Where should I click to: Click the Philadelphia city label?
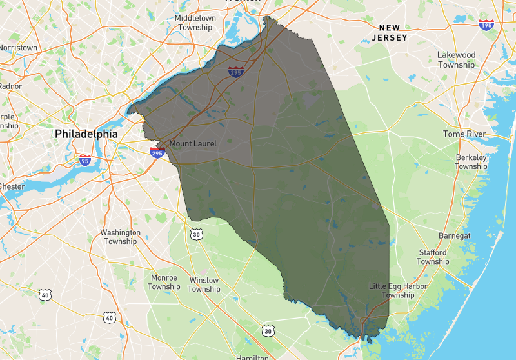86,133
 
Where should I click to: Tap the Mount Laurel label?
193,144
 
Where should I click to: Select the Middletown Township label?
195,23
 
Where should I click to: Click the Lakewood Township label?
456,60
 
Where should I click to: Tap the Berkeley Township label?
471,162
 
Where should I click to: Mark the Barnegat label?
455,235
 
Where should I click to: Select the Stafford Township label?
433,257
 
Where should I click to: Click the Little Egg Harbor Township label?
392,290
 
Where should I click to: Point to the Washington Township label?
120,237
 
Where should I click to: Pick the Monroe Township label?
164,282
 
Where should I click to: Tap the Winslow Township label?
204,285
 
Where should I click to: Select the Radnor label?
10,86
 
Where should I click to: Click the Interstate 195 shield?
486,25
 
